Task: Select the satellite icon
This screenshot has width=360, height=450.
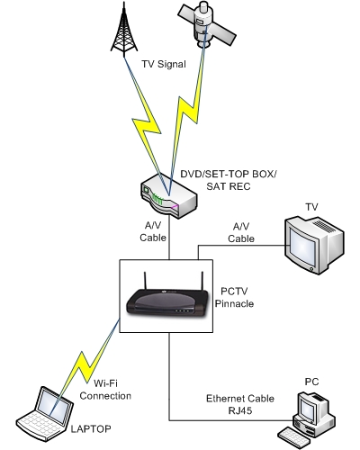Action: (207, 24)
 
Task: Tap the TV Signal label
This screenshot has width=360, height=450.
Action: (164, 64)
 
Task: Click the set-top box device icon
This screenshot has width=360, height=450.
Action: (169, 196)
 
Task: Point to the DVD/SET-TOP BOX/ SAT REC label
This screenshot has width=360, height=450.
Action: (229, 180)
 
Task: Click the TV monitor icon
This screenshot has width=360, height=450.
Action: (314, 245)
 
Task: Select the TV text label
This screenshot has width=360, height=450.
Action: (311, 207)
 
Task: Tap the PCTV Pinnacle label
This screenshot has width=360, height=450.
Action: (234, 297)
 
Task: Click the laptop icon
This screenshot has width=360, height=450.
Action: (45, 414)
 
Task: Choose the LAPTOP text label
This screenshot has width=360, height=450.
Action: (91, 429)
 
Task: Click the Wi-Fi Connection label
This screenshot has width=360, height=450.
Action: (105, 390)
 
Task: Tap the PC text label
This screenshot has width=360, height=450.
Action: (311, 382)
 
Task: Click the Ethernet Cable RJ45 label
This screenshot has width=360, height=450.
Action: (240, 404)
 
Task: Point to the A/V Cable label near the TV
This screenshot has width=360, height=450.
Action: (241, 232)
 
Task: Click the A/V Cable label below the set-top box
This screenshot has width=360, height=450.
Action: (153, 231)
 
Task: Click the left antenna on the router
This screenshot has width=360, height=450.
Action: (145, 281)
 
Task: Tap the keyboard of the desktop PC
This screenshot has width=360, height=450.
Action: (294, 438)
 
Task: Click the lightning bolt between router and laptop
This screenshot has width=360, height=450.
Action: (87, 364)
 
